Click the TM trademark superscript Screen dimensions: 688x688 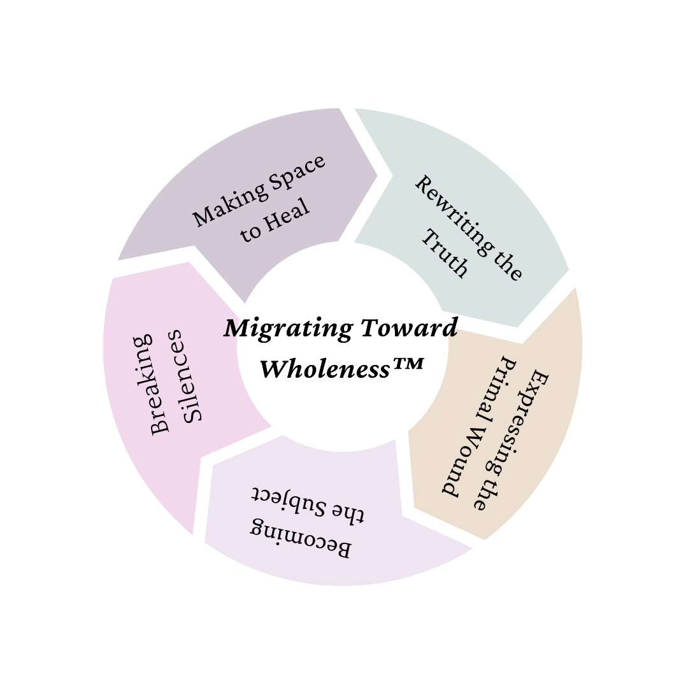click(x=406, y=364)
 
